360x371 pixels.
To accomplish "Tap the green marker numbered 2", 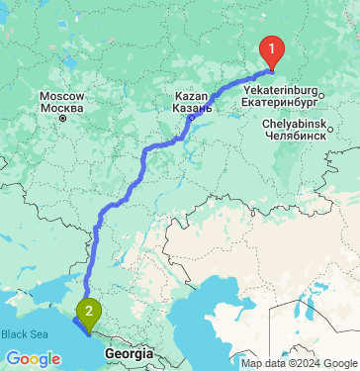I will [x=89, y=313].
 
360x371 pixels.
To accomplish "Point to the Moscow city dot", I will [x=62, y=118].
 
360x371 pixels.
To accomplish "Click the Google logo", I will [x=32, y=358].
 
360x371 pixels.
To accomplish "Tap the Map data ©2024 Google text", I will [x=300, y=363].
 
